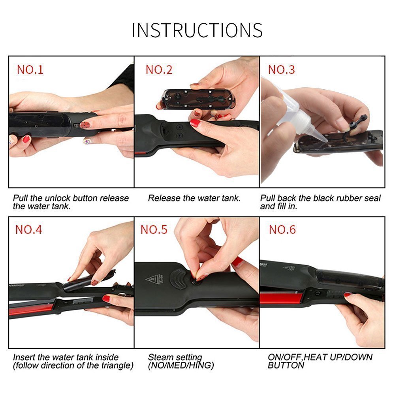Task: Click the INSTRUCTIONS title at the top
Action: (197, 30)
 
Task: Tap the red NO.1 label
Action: (30, 70)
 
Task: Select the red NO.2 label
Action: (159, 70)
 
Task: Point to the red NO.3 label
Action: (281, 70)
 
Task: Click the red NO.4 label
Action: (28, 229)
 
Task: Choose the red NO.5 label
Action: (154, 229)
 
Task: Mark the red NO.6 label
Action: (282, 229)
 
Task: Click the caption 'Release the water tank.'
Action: (194, 198)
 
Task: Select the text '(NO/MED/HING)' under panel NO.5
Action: (181, 365)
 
